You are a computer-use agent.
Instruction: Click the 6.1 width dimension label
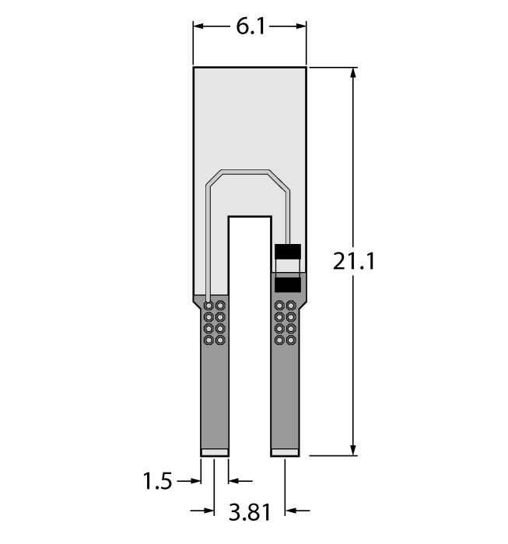tap(250, 27)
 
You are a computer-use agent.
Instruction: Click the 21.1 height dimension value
tap(354, 262)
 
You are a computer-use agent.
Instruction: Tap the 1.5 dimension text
tap(157, 482)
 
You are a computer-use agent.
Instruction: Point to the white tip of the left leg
tap(214, 452)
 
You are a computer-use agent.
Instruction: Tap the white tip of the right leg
tap(284, 452)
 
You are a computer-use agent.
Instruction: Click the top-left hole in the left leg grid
tap(208, 305)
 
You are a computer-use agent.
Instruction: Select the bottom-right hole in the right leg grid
tap(291, 340)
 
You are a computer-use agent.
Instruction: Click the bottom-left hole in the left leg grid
tap(208, 340)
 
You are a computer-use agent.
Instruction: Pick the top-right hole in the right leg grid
tap(291, 305)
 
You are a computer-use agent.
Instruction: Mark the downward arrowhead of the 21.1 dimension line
tap(354, 448)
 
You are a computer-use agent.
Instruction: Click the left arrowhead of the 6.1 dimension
tap(199, 26)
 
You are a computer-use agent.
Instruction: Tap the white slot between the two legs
tap(249, 334)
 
